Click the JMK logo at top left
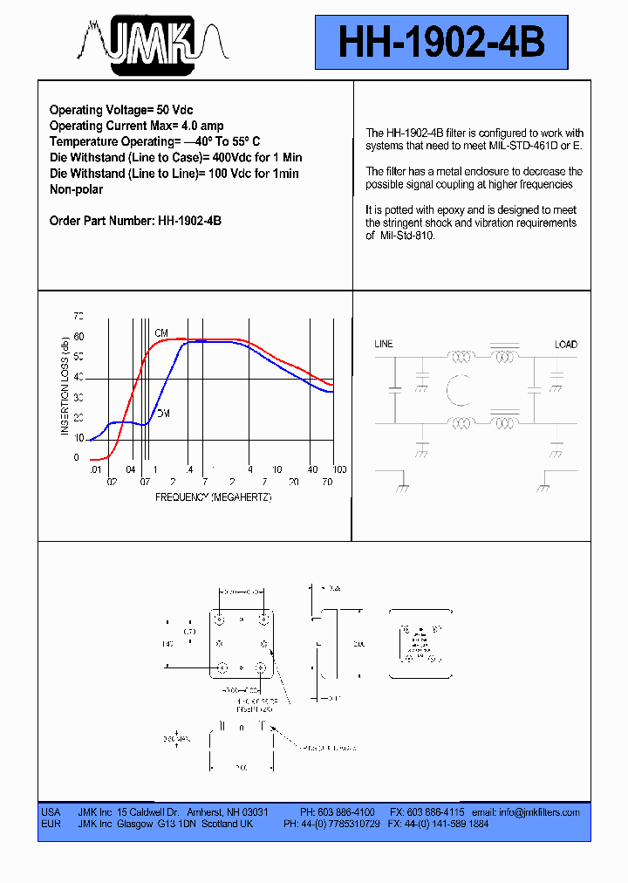pyautogui.click(x=154, y=42)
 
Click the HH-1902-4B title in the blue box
pyautogui.click(x=441, y=42)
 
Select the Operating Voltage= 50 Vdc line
pyautogui.click(x=121, y=111)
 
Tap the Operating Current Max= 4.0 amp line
pyautogui.click(x=136, y=127)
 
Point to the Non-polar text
pyautogui.click(x=76, y=189)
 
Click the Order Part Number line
pyautogui.click(x=135, y=221)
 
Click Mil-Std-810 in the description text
pyautogui.click(x=406, y=236)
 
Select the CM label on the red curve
pyautogui.click(x=161, y=333)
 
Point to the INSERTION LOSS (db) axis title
pyautogui.click(x=65, y=386)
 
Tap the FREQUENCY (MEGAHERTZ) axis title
pyautogui.click(x=214, y=496)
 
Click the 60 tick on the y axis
pyautogui.click(x=78, y=336)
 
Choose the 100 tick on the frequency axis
pyautogui.click(x=339, y=469)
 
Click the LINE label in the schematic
pyautogui.click(x=384, y=345)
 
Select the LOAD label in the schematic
pyautogui.click(x=565, y=345)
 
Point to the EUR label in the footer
pyautogui.click(x=51, y=824)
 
